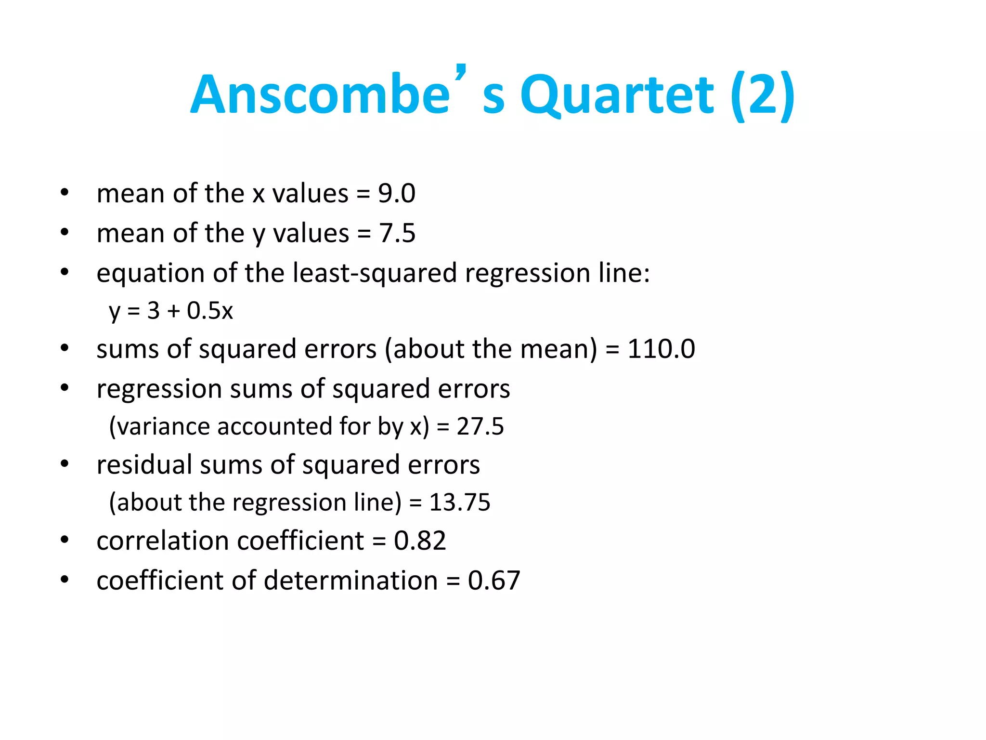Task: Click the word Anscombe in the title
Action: pyautogui.click(x=320, y=95)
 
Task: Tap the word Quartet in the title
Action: pyautogui.click(x=617, y=95)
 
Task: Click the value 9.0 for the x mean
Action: pyautogui.click(x=396, y=194)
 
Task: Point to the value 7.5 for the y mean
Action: pyautogui.click(x=397, y=234)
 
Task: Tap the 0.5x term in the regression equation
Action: pyautogui.click(x=210, y=311)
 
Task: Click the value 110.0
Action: pyautogui.click(x=661, y=349)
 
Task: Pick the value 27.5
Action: pyautogui.click(x=480, y=426)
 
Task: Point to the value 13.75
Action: pyautogui.click(x=459, y=502)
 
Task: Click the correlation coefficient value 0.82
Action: pyautogui.click(x=420, y=541)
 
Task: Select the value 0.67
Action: pyautogui.click(x=494, y=580)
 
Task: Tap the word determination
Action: pyautogui.click(x=350, y=580)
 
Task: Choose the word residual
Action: pyautogui.click(x=144, y=465)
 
